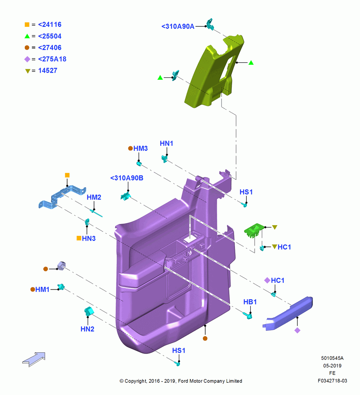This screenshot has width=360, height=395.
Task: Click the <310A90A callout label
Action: point(178,26)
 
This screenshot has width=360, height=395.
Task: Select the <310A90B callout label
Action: point(127,178)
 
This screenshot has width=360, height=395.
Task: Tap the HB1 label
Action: point(250,302)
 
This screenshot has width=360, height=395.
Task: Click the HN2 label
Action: point(87,329)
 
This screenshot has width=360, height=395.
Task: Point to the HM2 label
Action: point(94,197)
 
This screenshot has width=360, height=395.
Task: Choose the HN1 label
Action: point(167,143)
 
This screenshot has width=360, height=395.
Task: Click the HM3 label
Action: point(141,149)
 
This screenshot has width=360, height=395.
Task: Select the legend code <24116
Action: point(50,24)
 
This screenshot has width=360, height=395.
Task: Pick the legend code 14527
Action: point(48,71)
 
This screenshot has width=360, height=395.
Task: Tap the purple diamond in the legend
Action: point(27,59)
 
